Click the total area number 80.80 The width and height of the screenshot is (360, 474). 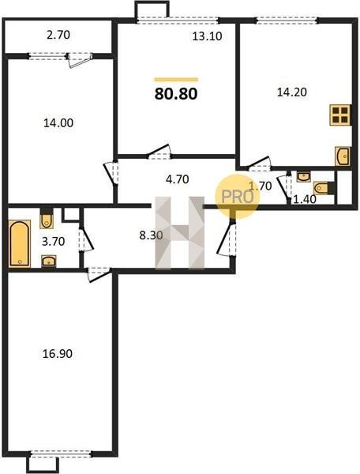(x=176, y=94)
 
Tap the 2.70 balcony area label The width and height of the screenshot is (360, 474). (x=58, y=35)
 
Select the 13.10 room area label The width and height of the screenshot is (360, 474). (x=207, y=36)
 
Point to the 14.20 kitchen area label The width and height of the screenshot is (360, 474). (x=292, y=92)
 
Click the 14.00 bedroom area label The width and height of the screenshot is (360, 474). (x=58, y=123)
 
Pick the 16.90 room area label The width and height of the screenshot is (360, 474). (x=58, y=354)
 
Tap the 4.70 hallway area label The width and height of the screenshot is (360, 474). (x=178, y=179)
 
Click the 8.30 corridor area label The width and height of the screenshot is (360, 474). (x=151, y=235)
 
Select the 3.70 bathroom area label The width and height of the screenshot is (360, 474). (x=53, y=242)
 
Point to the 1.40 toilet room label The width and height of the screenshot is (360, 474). (x=305, y=199)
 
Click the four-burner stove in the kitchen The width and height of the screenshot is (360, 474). (x=340, y=115)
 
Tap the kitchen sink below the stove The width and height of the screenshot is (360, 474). (x=343, y=156)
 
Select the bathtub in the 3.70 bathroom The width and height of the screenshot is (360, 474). (x=20, y=243)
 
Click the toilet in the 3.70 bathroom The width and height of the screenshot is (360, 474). (x=47, y=218)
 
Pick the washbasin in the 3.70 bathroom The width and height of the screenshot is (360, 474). (x=48, y=261)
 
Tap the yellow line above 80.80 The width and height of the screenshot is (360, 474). (x=176, y=80)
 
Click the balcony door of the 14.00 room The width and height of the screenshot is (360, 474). (x=80, y=59)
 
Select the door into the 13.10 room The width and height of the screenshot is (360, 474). (x=159, y=152)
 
